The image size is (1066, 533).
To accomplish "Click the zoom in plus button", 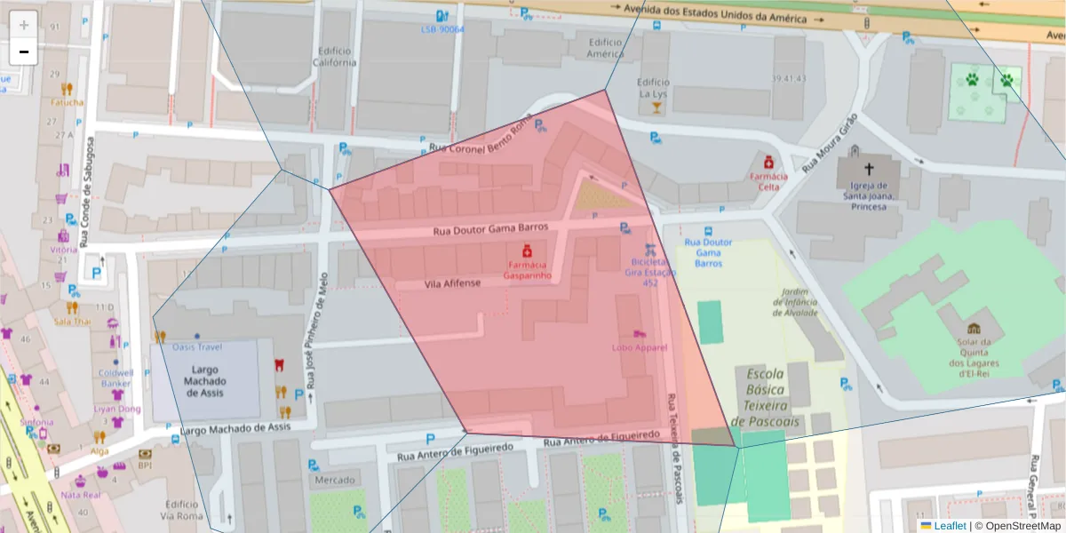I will tap(24, 25).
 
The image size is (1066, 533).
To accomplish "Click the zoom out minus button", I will tap(24, 52).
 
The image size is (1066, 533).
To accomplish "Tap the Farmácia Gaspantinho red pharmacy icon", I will tap(527, 251).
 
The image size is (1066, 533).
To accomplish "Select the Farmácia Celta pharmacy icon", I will tap(766, 162).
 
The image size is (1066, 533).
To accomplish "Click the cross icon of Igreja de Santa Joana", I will tap(868, 169).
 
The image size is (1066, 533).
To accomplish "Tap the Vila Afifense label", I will tap(453, 283).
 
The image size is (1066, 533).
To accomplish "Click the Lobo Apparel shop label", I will tap(639, 347).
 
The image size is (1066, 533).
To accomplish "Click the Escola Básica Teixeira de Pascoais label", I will tap(765, 397).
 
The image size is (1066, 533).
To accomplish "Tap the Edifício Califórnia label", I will tap(334, 57).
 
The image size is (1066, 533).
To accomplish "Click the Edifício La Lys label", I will tap(652, 88).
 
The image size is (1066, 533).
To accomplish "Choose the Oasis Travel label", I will tap(196, 347).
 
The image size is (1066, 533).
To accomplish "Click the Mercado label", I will tap(333, 481).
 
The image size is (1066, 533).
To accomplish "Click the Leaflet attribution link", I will tap(948, 526).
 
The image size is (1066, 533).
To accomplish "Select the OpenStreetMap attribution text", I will tap(1016, 526).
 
